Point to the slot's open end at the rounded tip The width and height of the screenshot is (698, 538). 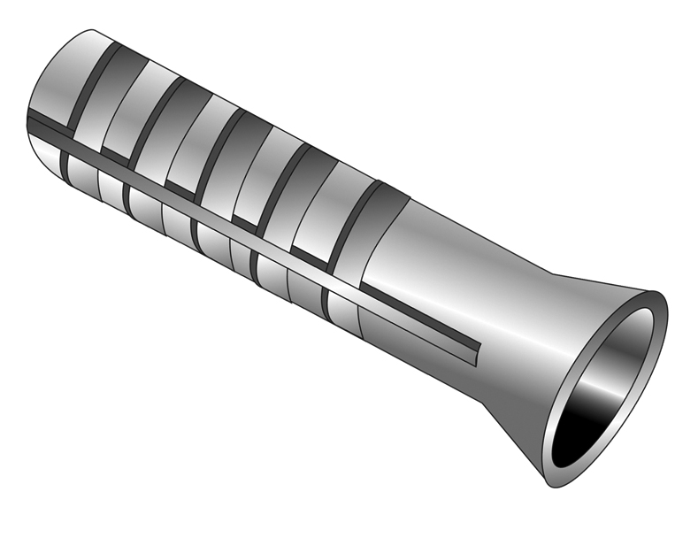click(35, 119)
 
